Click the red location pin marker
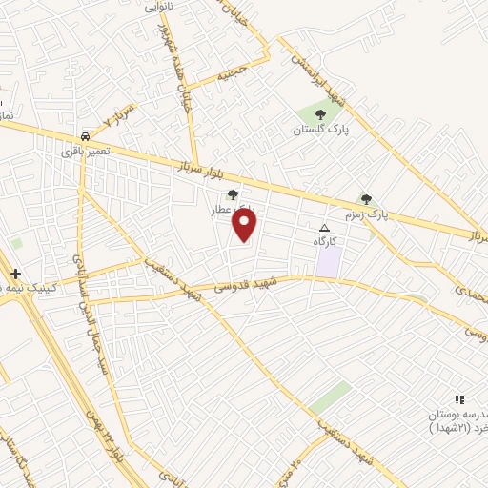(246, 225)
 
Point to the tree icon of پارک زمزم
(367, 198)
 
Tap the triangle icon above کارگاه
(324, 229)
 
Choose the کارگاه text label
(325, 241)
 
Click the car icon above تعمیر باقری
(86, 136)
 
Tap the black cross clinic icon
(15, 274)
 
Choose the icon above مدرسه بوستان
(459, 400)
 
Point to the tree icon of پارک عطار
(233, 194)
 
